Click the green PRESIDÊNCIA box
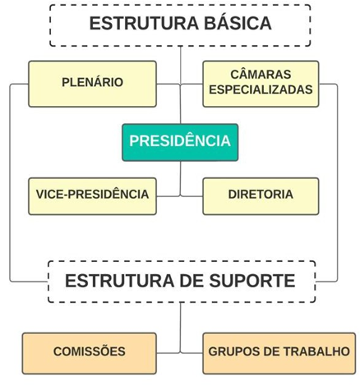[x=180, y=142]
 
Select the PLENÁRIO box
[x=93, y=84]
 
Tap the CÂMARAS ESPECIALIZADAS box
[x=261, y=84]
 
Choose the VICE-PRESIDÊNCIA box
[x=93, y=196]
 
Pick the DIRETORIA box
[x=261, y=196]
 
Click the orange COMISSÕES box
[x=90, y=353]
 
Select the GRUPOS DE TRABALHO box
[x=279, y=353]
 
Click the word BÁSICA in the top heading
[x=238, y=23]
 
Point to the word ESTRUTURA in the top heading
[x=144, y=23]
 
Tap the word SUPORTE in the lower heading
[x=252, y=281]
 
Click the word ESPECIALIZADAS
[x=261, y=89]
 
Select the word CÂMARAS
[x=261, y=74]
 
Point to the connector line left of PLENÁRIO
[x=10, y=183]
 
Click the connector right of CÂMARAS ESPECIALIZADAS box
[x=337, y=183]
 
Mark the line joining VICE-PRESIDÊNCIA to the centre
[x=168, y=196]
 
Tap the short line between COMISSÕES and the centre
[x=168, y=353]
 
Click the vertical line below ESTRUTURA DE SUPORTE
[x=181, y=328]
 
